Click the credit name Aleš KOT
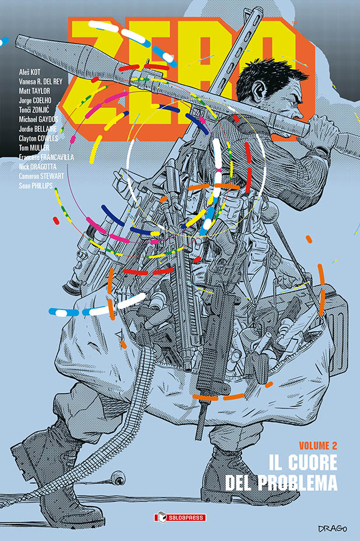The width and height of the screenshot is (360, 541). coord(30,71)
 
